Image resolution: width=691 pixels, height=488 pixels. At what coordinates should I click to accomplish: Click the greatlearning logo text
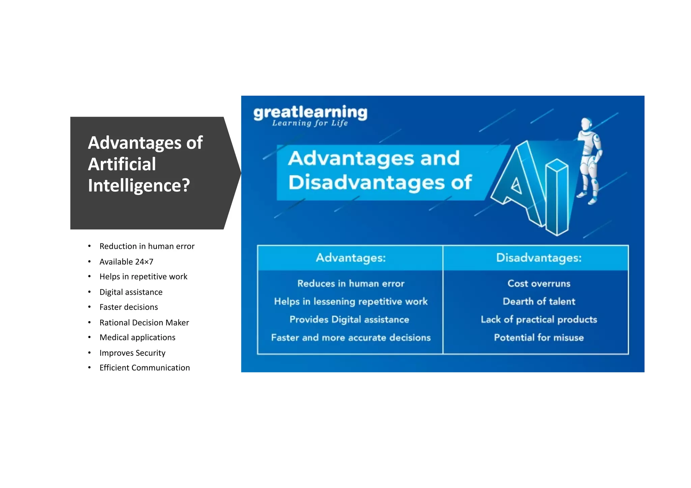pyautogui.click(x=310, y=112)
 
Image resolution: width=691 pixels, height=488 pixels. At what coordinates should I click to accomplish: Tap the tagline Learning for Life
pyautogui.click(x=310, y=123)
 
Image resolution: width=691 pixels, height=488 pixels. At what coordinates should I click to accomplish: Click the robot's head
pyautogui.click(x=587, y=124)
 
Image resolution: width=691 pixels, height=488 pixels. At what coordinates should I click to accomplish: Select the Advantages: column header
pyautogui.click(x=351, y=258)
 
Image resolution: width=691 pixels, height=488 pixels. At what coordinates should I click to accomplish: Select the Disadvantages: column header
pyautogui.click(x=539, y=258)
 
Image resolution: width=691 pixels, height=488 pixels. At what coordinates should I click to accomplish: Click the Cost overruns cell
pyautogui.click(x=539, y=284)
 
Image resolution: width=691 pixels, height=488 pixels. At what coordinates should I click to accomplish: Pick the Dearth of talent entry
pyautogui.click(x=539, y=302)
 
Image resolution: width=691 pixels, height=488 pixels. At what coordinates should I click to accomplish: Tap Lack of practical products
pyautogui.click(x=539, y=319)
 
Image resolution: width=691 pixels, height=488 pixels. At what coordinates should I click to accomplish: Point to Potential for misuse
pyautogui.click(x=539, y=338)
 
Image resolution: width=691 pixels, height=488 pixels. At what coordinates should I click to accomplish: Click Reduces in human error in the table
pyautogui.click(x=351, y=284)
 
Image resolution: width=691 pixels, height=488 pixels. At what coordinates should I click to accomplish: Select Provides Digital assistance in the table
pyautogui.click(x=349, y=319)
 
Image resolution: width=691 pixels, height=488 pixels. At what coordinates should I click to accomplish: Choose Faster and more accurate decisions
pyautogui.click(x=351, y=338)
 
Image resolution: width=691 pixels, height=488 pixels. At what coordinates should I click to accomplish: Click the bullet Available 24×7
pyautogui.click(x=126, y=262)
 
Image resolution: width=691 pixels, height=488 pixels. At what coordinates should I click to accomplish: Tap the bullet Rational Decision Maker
pyautogui.click(x=144, y=323)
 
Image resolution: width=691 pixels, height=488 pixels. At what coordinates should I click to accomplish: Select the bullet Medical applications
pyautogui.click(x=137, y=338)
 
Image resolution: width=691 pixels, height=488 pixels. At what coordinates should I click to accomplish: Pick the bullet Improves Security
pyautogui.click(x=132, y=353)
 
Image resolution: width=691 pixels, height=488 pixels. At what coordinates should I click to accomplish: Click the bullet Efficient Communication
pyautogui.click(x=144, y=368)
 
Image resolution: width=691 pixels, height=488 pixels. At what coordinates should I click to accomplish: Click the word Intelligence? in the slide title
pyautogui.click(x=139, y=185)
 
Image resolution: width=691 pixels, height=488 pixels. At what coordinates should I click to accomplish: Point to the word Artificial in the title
pyautogui.click(x=122, y=164)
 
